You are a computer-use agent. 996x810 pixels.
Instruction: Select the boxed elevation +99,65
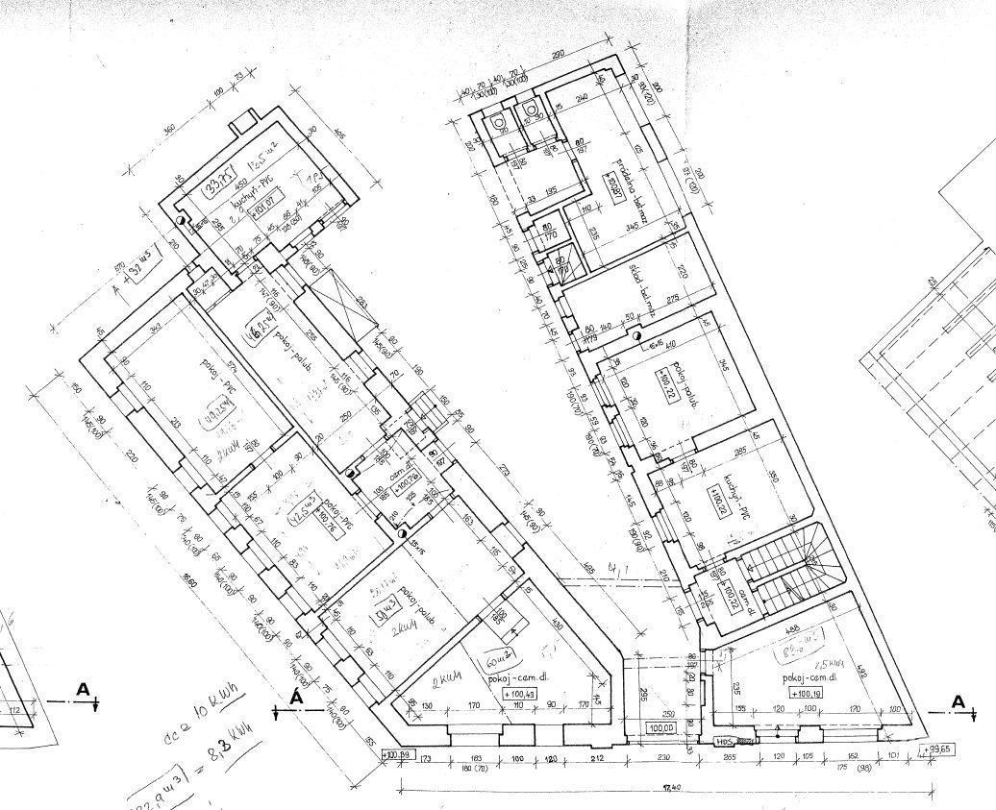pyautogui.click(x=937, y=749)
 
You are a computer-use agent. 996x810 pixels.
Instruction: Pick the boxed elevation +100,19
pyautogui.click(x=807, y=692)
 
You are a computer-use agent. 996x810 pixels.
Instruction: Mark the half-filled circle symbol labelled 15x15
pyautogui.click(x=403, y=534)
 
